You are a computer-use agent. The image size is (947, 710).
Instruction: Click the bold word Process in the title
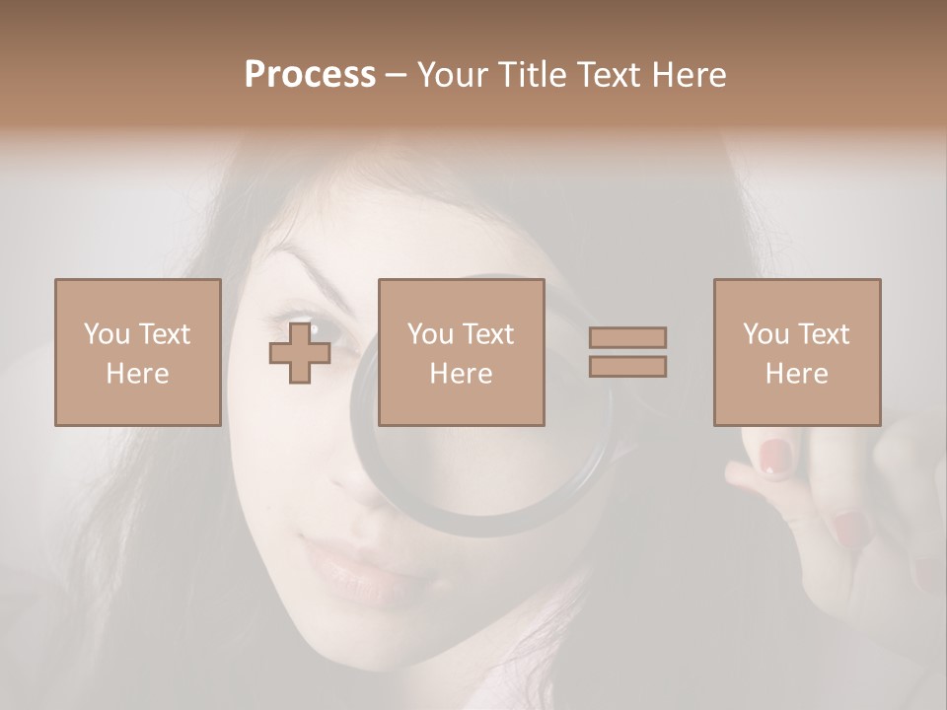(x=310, y=75)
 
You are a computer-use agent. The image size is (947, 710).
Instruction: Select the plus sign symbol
(x=300, y=353)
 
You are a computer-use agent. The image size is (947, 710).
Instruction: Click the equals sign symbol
(x=627, y=352)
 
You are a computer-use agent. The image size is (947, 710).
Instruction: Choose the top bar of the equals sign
(x=627, y=337)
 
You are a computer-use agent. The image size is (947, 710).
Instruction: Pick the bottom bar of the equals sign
(x=627, y=367)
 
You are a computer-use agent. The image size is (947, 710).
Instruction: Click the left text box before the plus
(x=137, y=352)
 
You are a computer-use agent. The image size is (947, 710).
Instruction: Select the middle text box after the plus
(x=461, y=352)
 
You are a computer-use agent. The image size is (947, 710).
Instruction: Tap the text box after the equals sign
(x=796, y=352)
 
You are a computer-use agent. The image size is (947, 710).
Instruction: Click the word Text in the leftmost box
(x=164, y=334)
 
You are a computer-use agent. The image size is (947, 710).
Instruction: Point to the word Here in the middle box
(x=461, y=374)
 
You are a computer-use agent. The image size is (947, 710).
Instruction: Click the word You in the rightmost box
(x=765, y=334)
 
